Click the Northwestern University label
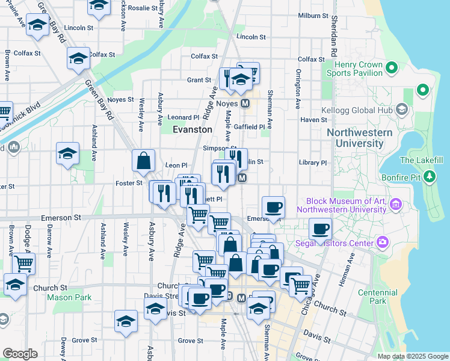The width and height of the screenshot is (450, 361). [354, 138]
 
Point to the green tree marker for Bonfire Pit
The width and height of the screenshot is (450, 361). [430, 176]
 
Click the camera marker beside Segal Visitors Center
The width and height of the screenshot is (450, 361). [382, 242]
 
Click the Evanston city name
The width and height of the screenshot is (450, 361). [193, 129]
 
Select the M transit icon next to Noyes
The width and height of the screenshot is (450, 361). [245, 103]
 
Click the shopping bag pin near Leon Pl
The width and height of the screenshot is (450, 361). [144, 161]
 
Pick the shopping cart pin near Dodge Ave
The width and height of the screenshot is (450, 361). [23, 263]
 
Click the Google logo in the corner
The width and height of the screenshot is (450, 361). [20, 354]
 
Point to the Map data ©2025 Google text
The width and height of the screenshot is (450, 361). [412, 356]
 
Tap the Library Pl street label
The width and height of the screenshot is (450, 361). [313, 162]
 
